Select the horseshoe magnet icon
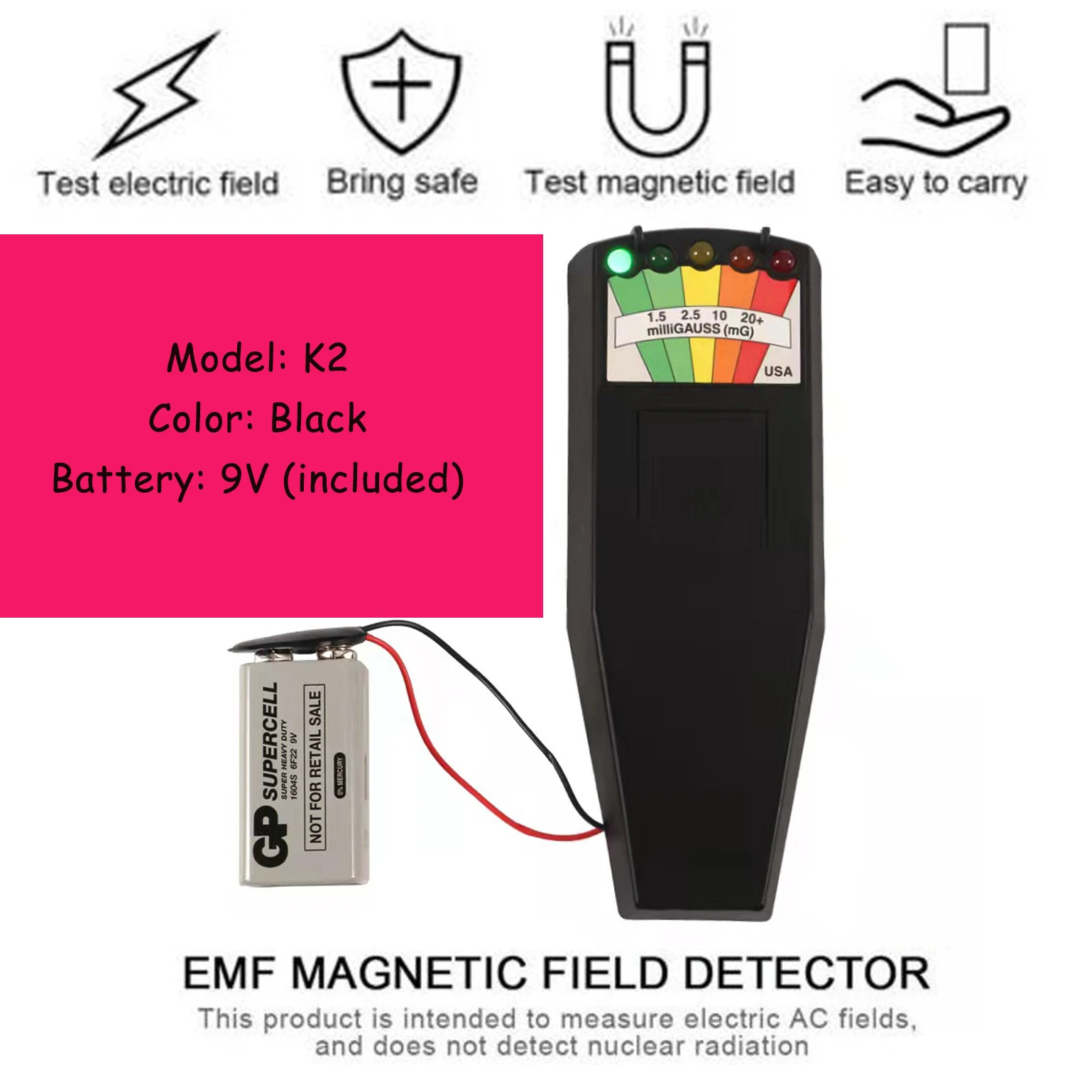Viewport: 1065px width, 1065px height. coord(657,89)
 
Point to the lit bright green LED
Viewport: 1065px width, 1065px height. coord(620,261)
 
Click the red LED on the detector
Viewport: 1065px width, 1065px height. coord(782,261)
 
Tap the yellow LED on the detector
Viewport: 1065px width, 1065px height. coord(701,253)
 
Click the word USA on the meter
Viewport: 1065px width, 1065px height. coord(778,371)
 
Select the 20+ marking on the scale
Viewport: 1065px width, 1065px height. coord(752,317)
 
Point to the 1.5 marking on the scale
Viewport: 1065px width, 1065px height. coord(657,317)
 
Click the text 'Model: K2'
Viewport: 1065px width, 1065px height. coord(257,357)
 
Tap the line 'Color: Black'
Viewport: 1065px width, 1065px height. coord(257,418)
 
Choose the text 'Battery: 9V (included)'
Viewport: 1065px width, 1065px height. coord(258,479)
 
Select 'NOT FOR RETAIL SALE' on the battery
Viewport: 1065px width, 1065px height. coord(315,767)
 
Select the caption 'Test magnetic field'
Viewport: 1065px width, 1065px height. coord(660,182)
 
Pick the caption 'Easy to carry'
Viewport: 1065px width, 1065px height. coord(936,183)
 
